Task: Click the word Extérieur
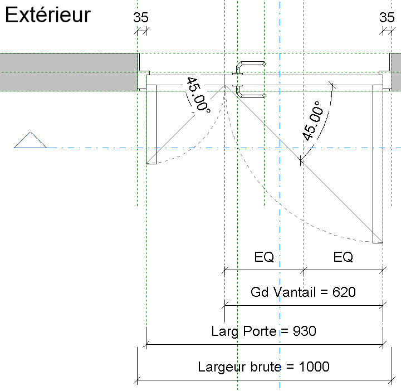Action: tap(47, 15)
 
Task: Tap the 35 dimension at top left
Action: tap(141, 17)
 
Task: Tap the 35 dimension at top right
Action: tap(387, 17)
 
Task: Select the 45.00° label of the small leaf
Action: tap(198, 95)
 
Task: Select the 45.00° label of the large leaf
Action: tap(312, 121)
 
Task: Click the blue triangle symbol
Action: tap(30, 141)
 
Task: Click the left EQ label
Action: tap(264, 257)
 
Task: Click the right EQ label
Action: tap(343, 257)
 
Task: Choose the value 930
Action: tap(304, 331)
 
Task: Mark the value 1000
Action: tap(314, 367)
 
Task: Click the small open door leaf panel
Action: tap(151, 125)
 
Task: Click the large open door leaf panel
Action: tap(378, 164)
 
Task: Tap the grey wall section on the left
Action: tap(68, 72)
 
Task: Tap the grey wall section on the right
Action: tap(396, 72)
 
